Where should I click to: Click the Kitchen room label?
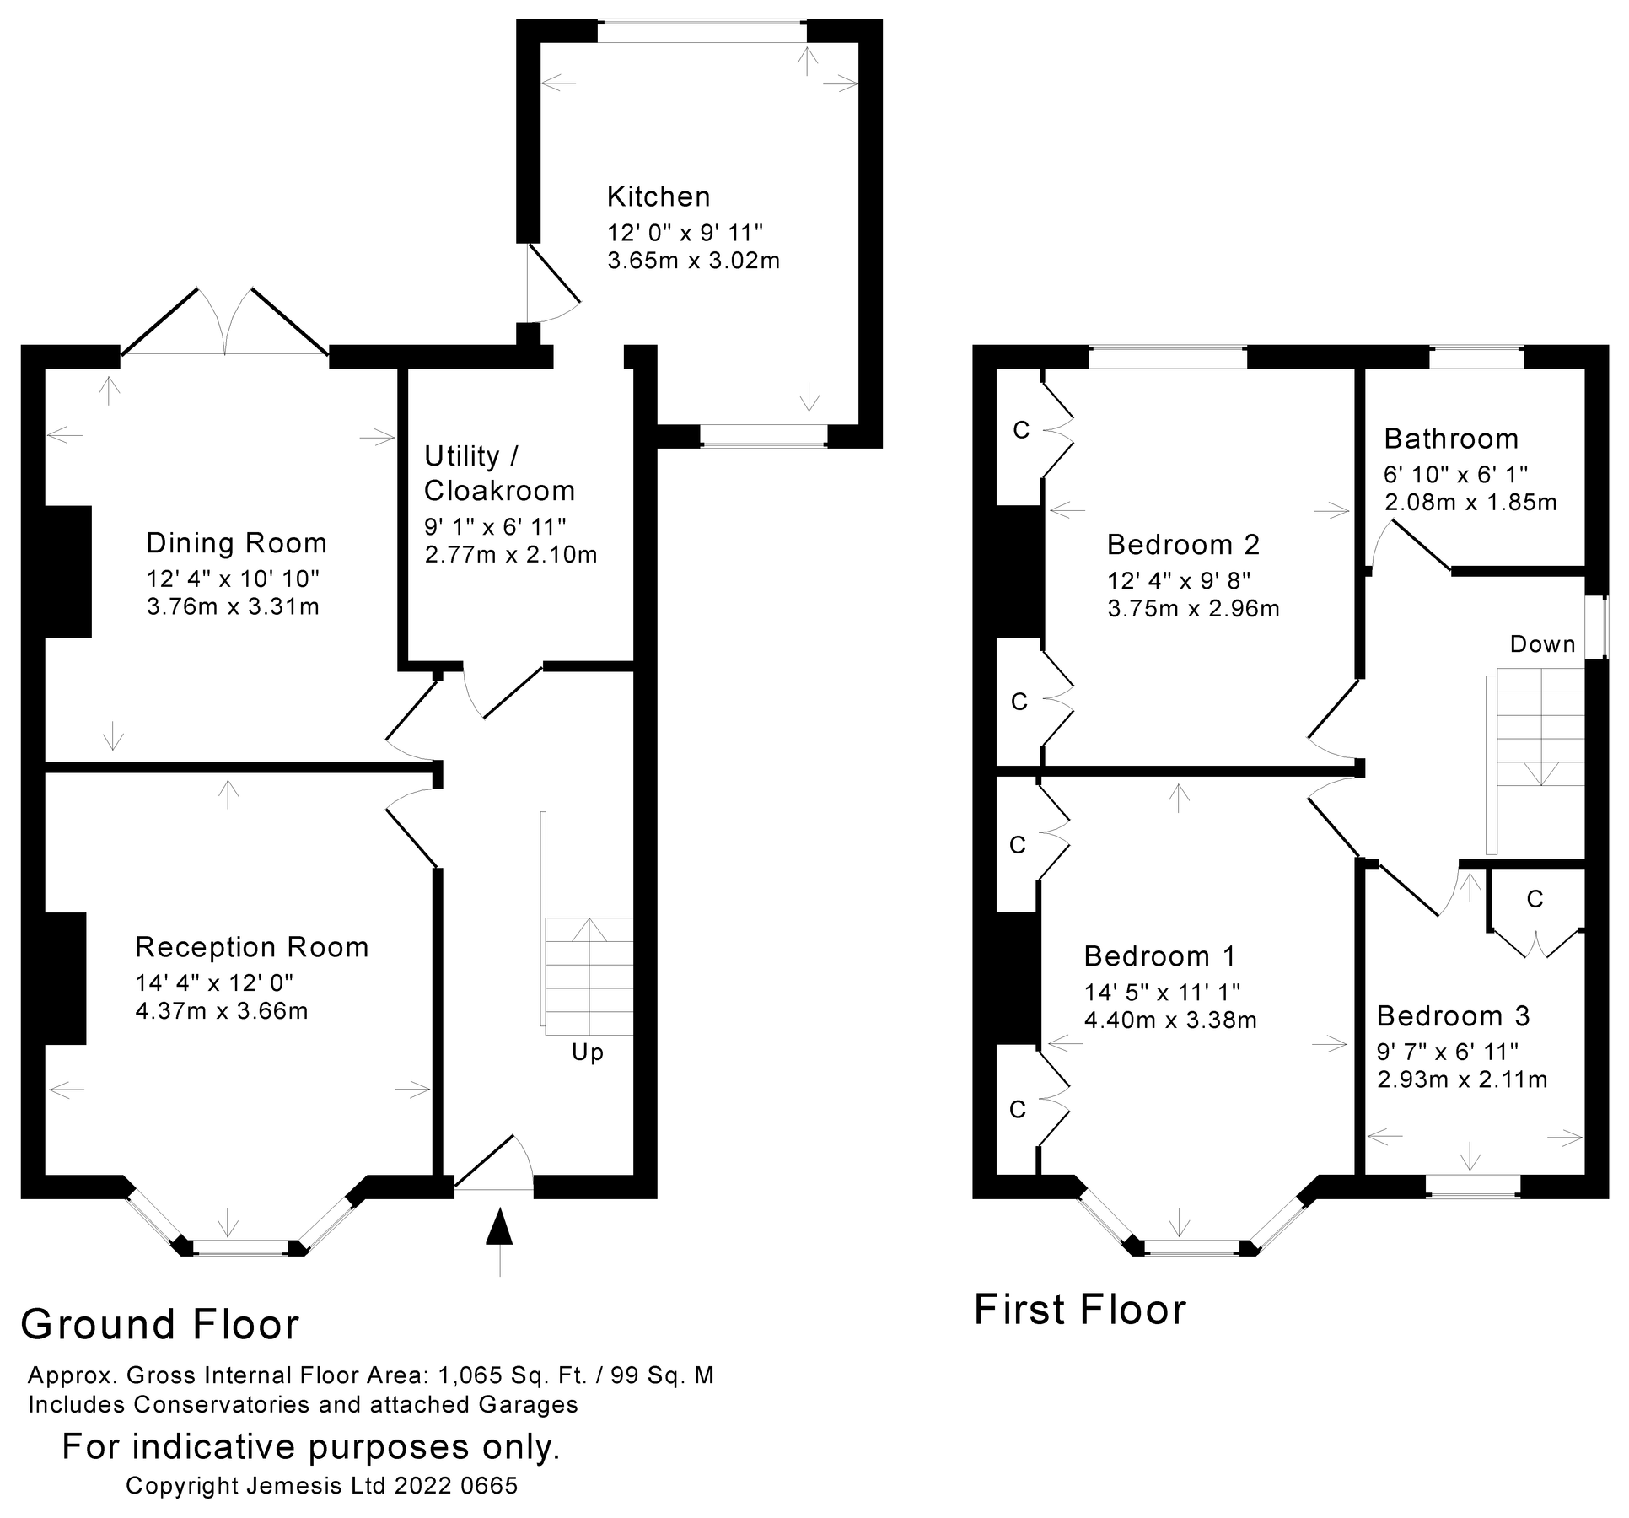tap(659, 196)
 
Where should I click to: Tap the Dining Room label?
tap(236, 543)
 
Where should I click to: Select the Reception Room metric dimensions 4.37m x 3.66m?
tap(222, 1010)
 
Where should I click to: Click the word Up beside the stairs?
tap(588, 1052)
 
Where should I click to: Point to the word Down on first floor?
tap(1542, 644)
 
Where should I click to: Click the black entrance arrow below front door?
tap(500, 1228)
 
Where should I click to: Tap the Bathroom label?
tap(1451, 439)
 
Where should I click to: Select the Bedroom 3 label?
tap(1453, 1016)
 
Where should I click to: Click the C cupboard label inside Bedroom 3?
tap(1535, 900)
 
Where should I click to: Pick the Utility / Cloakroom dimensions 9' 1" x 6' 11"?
tap(495, 526)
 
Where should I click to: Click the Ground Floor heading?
tap(160, 1324)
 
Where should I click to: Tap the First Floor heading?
tap(1079, 1310)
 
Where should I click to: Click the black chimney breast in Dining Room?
tap(67, 571)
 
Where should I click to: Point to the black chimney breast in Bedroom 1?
tap(1018, 978)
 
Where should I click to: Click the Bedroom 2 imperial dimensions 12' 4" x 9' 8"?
tap(1179, 580)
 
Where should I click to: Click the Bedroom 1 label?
tap(1159, 956)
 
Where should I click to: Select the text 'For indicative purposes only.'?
tap(311, 1446)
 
